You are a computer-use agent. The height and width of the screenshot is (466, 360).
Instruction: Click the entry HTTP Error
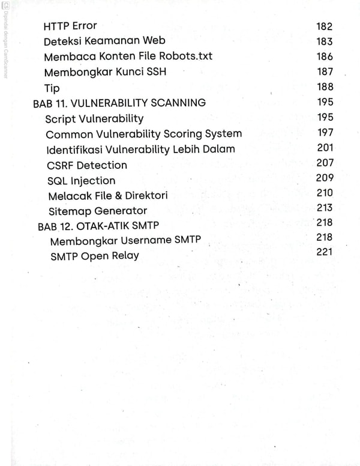(x=70, y=26)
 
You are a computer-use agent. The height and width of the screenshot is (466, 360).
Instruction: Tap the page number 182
(x=324, y=26)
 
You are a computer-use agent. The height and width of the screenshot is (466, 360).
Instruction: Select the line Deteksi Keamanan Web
(x=104, y=41)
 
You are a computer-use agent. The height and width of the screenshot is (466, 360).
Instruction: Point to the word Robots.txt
(x=186, y=56)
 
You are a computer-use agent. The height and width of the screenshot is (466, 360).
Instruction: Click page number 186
(x=324, y=56)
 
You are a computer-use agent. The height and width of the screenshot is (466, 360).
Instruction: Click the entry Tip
(x=52, y=88)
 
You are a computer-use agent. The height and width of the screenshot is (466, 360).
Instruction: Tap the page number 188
(x=325, y=87)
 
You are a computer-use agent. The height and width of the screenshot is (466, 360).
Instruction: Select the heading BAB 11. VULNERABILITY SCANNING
(x=119, y=103)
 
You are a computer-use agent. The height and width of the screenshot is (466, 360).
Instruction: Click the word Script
(x=61, y=118)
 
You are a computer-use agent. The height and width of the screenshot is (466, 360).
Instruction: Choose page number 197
(x=325, y=133)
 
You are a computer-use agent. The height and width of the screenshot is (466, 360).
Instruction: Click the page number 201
(x=325, y=148)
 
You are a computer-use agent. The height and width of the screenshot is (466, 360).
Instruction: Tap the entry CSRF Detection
(x=86, y=165)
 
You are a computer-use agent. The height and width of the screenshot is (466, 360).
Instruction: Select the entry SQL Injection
(x=81, y=180)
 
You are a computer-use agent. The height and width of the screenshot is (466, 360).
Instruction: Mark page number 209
(x=325, y=178)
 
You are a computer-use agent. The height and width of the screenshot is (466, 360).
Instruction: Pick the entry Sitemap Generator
(x=97, y=211)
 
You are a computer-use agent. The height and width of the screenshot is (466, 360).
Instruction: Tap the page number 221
(x=325, y=252)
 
